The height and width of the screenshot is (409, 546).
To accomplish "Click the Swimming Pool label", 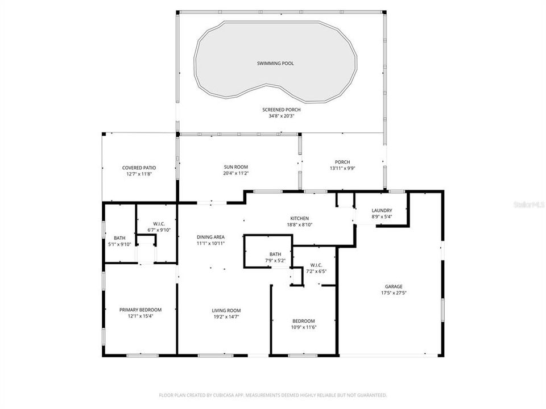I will pyautogui.click(x=275, y=64).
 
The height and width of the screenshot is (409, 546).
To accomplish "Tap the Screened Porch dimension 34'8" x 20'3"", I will pyautogui.click(x=282, y=116).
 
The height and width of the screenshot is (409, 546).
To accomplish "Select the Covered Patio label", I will pyautogui.click(x=139, y=168).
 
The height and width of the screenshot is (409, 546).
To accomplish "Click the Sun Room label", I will pyautogui.click(x=235, y=168).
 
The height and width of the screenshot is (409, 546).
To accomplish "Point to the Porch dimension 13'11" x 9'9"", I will pyautogui.click(x=342, y=169).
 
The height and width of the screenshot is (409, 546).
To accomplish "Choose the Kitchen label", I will pyautogui.click(x=299, y=218).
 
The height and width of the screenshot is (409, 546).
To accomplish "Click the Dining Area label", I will pyautogui.click(x=211, y=237).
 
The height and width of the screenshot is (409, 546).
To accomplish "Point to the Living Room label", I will pyautogui.click(x=226, y=310).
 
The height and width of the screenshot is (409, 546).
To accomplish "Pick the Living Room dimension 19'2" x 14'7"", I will pyautogui.click(x=226, y=317).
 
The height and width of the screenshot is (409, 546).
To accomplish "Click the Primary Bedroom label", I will pyautogui.click(x=140, y=310).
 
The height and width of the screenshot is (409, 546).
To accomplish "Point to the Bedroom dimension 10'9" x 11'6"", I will pyautogui.click(x=304, y=327).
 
